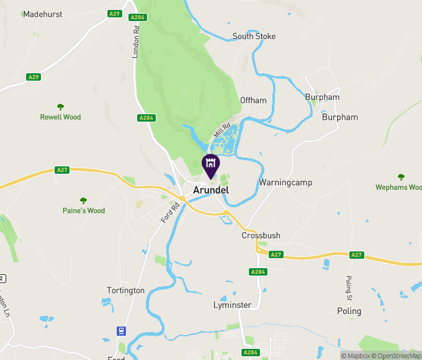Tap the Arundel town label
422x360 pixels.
pos(211,190)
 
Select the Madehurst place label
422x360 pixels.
pos(43,14)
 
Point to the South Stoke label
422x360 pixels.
pos(254,36)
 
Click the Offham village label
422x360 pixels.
pos(253,100)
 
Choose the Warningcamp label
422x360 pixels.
pos(285,182)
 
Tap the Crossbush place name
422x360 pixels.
pos(261,236)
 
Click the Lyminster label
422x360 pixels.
pos(232,305)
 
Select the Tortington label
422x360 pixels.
pos(125,290)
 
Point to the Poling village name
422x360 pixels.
pos(349,311)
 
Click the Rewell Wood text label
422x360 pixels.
pos(60,117)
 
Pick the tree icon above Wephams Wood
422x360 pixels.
pos(401,177)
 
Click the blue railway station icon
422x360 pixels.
pos(122,331)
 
